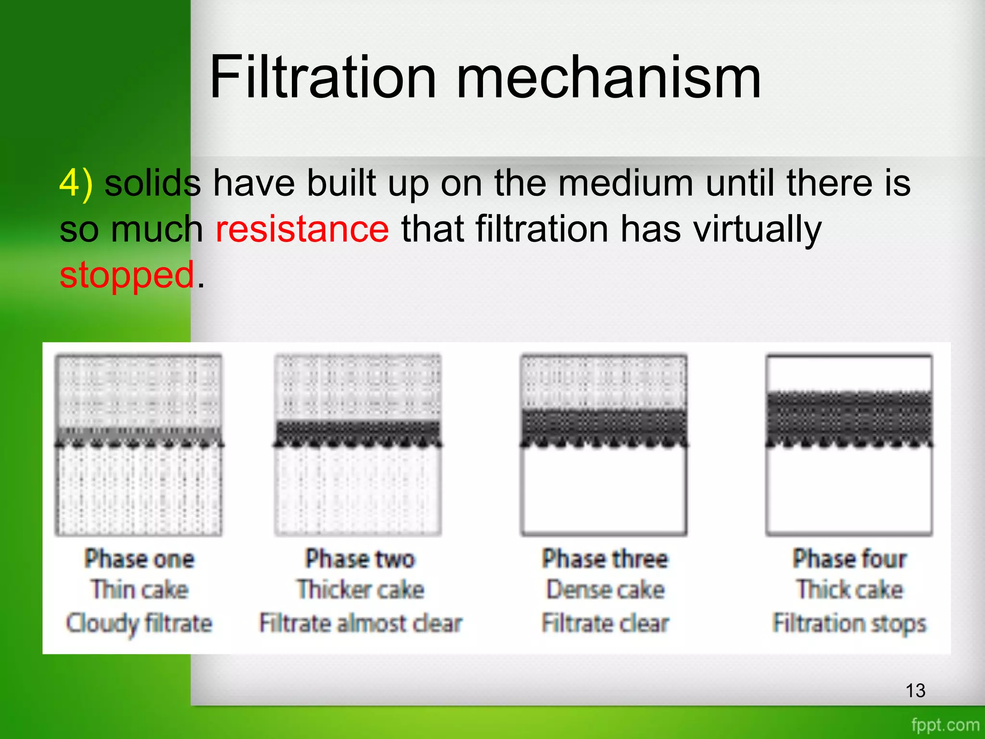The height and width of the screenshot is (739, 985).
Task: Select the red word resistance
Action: coord(302,229)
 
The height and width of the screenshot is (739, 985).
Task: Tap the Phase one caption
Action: coord(139,559)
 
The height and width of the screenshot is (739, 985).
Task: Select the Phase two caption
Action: coord(360,559)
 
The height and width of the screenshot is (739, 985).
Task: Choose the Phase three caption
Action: coord(605,559)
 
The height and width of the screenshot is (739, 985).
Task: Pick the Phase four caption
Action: coord(850,559)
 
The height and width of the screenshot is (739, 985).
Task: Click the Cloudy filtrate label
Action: coord(139,624)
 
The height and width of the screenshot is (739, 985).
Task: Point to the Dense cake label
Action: coord(605,590)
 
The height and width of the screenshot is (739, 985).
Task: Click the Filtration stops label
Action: coord(850,624)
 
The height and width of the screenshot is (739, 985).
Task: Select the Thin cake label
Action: coord(139,590)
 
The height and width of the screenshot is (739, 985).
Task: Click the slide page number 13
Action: coord(915,691)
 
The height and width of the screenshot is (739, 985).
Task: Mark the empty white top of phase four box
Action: coord(849,373)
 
